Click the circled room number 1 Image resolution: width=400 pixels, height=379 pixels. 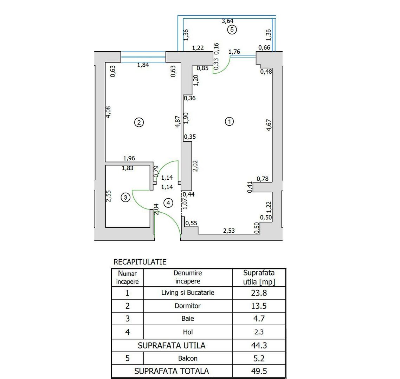click(229, 122)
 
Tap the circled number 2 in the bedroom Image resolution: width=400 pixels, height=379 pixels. click(139, 122)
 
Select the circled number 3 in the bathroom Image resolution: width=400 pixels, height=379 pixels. click(125, 198)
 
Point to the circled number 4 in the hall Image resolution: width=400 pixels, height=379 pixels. click(169, 203)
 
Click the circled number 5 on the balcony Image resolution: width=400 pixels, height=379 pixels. click(231, 30)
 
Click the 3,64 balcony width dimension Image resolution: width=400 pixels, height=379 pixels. click(227, 21)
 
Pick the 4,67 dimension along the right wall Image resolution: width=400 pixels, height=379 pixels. click(269, 125)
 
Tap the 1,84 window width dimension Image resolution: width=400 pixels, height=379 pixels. click(143, 65)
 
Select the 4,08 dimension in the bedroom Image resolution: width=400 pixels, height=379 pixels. click(109, 112)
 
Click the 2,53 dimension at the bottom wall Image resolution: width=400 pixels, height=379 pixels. click(229, 231)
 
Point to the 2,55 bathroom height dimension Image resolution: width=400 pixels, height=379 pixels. click(109, 196)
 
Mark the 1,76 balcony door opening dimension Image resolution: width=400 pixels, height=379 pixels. click(234, 52)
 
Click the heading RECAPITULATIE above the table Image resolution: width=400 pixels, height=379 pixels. click(140, 262)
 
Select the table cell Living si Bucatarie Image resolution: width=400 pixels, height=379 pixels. click(188, 293)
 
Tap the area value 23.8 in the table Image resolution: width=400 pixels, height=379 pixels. click(259, 293)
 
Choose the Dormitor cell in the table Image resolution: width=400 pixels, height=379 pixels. click(188, 306)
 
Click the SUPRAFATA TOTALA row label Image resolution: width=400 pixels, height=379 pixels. click(172, 371)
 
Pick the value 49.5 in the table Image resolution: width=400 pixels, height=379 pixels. click(259, 371)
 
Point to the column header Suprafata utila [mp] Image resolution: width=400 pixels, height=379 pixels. click(259, 277)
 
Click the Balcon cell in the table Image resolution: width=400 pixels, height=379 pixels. click(188, 358)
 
